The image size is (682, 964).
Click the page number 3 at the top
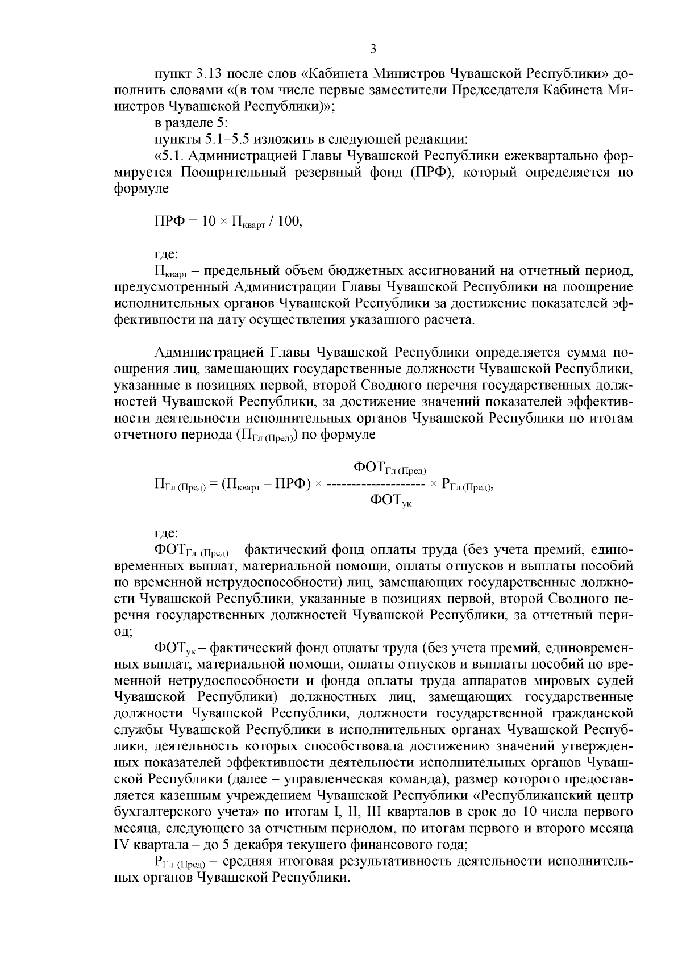(373, 49)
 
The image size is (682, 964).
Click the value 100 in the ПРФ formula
(290, 222)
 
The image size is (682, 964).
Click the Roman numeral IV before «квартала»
(122, 845)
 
